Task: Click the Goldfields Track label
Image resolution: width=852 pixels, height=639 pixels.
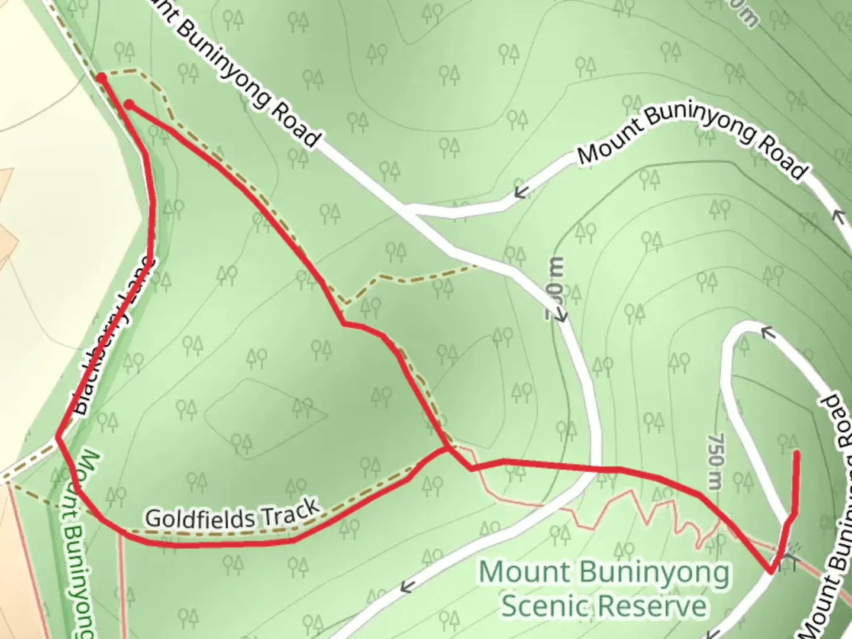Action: point(233,515)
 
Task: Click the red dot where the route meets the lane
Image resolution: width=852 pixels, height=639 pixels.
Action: point(102,78)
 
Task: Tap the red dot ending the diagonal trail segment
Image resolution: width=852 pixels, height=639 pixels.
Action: point(130,105)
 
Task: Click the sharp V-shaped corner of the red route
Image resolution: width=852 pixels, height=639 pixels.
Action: point(772,571)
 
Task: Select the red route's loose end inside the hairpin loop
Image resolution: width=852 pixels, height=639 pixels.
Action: point(797,454)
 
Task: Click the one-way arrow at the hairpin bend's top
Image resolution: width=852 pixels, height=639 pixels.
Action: point(767,334)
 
